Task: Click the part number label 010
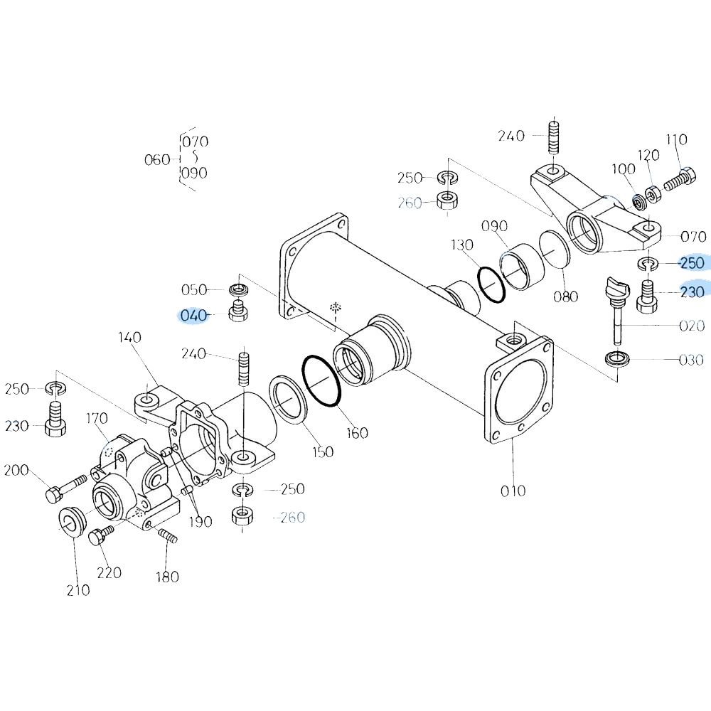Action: point(513,491)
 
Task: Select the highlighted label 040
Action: point(193,315)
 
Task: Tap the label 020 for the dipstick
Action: point(692,326)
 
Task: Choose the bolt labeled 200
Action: point(65,487)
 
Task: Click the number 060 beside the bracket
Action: point(157,159)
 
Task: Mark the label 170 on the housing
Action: point(97,418)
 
